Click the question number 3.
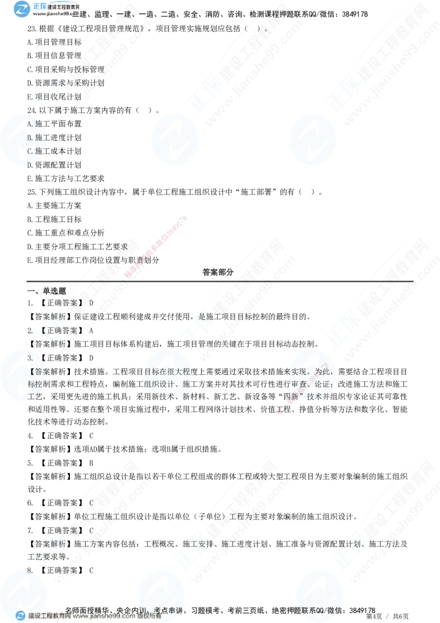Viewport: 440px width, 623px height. point(30,358)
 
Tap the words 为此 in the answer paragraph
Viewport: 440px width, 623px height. point(325,370)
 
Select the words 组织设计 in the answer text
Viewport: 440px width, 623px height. point(159,383)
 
